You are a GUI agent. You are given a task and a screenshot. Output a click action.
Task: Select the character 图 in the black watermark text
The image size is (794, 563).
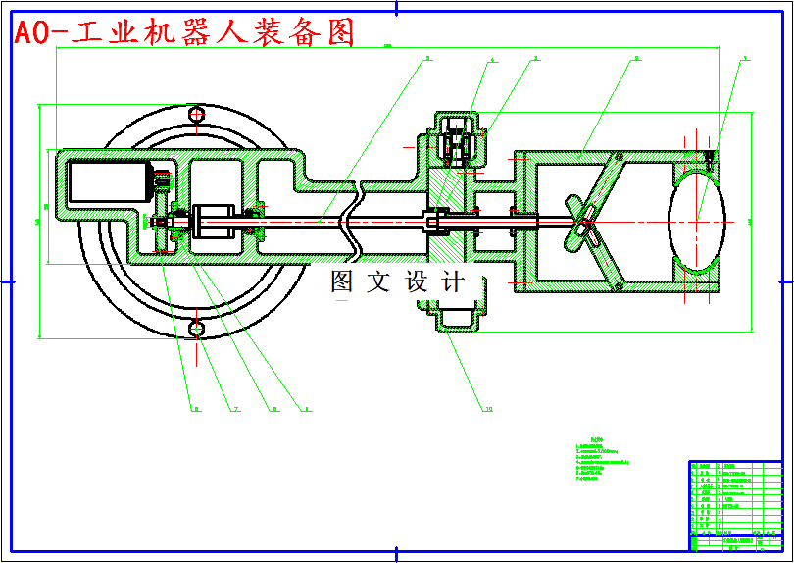(342, 282)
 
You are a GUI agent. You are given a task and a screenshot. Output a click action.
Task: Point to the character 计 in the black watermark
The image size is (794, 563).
(453, 282)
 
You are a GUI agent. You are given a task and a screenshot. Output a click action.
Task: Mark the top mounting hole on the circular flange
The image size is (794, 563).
(197, 115)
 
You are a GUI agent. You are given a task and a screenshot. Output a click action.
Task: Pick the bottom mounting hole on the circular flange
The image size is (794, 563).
(197, 329)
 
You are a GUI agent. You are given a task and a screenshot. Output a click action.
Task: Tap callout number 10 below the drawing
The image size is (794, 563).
(488, 409)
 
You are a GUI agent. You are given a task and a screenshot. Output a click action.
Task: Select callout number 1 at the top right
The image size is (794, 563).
(745, 59)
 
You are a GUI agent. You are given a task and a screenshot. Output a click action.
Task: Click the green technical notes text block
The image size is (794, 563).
(602, 461)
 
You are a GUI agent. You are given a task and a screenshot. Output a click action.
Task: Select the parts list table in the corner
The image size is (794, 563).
(734, 505)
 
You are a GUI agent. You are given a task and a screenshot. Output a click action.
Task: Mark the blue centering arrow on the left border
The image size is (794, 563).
(7, 281)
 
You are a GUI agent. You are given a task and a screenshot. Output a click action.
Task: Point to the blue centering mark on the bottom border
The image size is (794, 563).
(397, 555)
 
